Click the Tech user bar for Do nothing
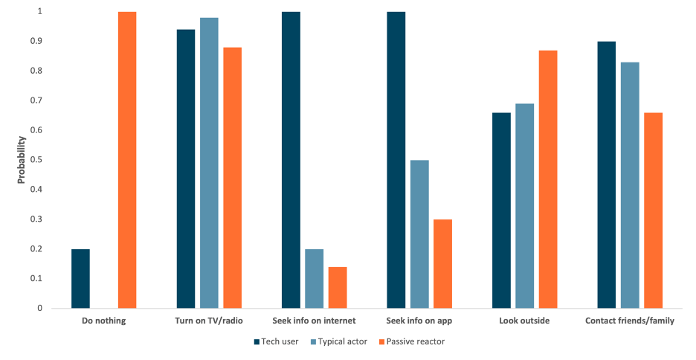click(x=80, y=278)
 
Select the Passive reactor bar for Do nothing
click(x=127, y=160)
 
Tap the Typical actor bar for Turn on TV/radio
click(x=209, y=163)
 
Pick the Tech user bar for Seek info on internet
click(x=291, y=160)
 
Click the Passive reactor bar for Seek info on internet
click(x=338, y=287)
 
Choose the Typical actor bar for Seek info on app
click(x=419, y=234)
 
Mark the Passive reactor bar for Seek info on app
click(x=443, y=263)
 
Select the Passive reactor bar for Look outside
click(x=548, y=179)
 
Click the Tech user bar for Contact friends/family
click(x=607, y=175)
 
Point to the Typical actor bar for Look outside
click(x=525, y=206)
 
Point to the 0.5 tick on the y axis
click(x=36, y=160)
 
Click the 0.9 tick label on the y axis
click(x=36, y=42)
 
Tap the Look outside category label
click(x=525, y=321)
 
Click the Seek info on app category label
click(x=419, y=321)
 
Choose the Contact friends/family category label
click(x=630, y=321)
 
